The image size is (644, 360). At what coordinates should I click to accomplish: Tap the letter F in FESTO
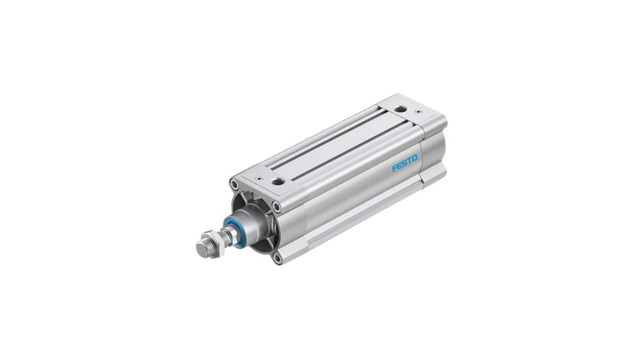[x=395, y=169]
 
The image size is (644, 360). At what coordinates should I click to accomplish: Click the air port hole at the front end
[x=276, y=181]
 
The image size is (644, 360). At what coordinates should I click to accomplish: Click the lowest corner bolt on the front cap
[x=277, y=257]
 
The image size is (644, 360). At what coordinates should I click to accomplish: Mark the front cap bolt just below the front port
[x=276, y=205]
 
